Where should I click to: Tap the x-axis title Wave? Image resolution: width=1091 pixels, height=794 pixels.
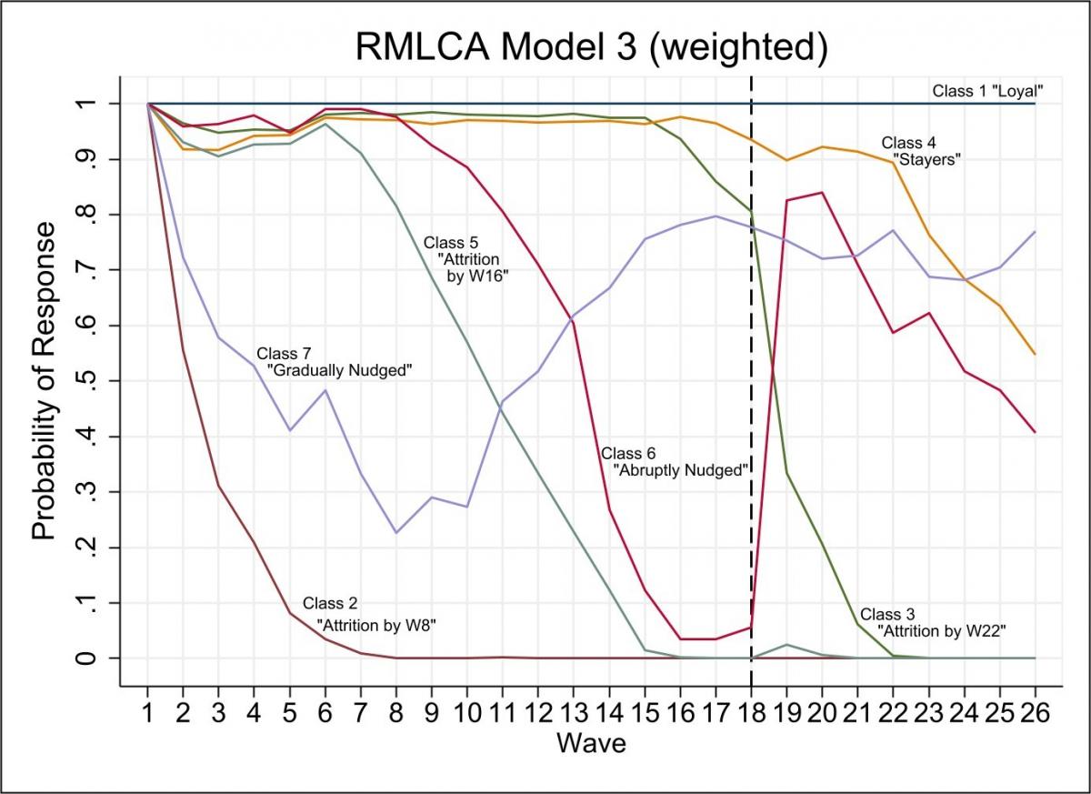[591, 743]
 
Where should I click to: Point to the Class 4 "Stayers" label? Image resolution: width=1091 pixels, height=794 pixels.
[920, 151]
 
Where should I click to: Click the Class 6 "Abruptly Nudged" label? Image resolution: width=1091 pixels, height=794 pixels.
[673, 461]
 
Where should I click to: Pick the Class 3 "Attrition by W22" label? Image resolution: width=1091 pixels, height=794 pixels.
[933, 621]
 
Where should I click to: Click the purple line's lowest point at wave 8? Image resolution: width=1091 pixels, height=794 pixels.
[396, 532]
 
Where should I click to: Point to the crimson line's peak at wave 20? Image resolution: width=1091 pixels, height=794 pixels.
[822, 193]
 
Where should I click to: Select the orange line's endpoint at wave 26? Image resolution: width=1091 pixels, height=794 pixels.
[1035, 354]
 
